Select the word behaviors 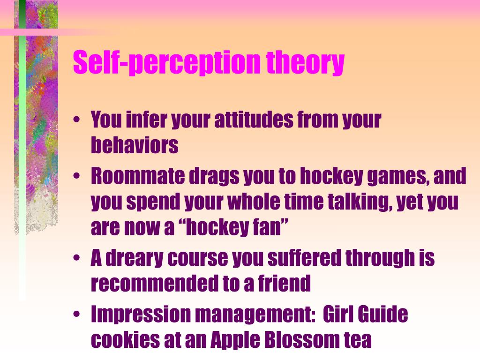coord(135,146)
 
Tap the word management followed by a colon coord(250,315)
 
